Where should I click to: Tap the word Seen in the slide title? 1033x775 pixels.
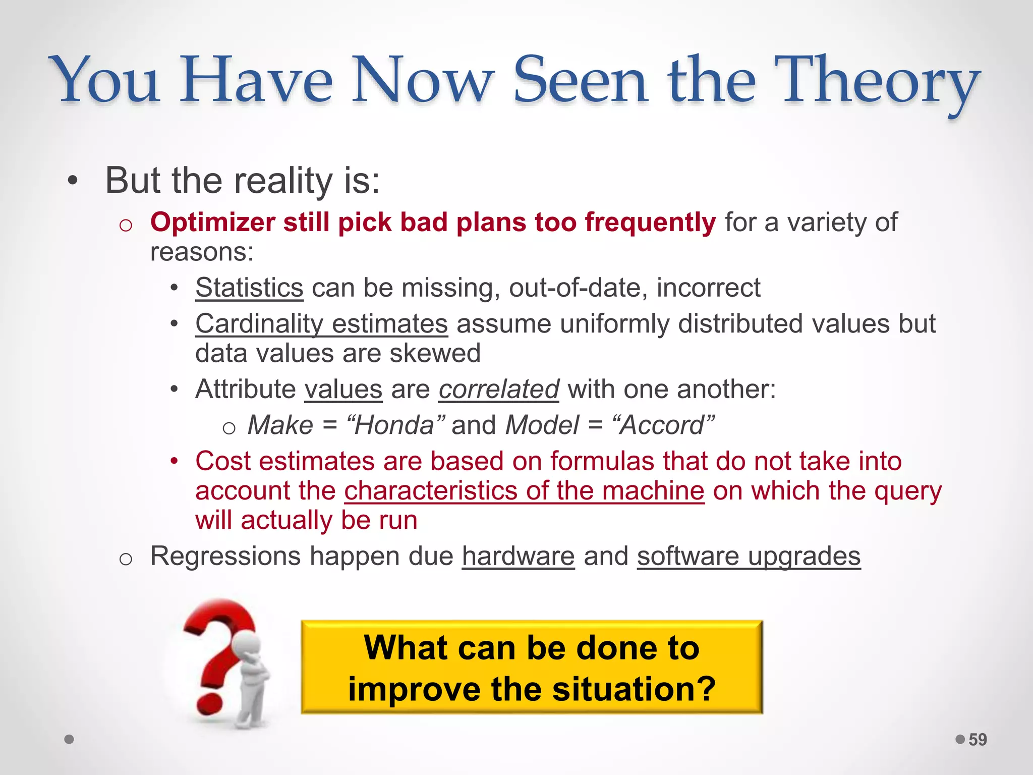point(580,81)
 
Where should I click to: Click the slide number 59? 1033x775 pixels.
point(978,740)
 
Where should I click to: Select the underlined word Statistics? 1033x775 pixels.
point(249,288)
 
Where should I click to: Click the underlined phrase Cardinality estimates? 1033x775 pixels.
point(321,323)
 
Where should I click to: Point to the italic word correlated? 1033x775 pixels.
point(498,389)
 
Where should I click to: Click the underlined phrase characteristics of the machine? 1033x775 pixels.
point(524,490)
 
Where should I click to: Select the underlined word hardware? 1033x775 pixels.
point(518,556)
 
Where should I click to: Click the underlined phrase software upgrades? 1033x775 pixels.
point(749,556)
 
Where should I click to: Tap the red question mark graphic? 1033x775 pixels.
point(217,656)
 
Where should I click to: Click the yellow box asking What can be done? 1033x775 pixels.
point(532,667)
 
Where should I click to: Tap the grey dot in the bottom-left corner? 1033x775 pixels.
point(70,739)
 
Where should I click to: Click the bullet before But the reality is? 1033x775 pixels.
point(73,181)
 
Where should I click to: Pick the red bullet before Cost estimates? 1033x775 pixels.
point(174,461)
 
